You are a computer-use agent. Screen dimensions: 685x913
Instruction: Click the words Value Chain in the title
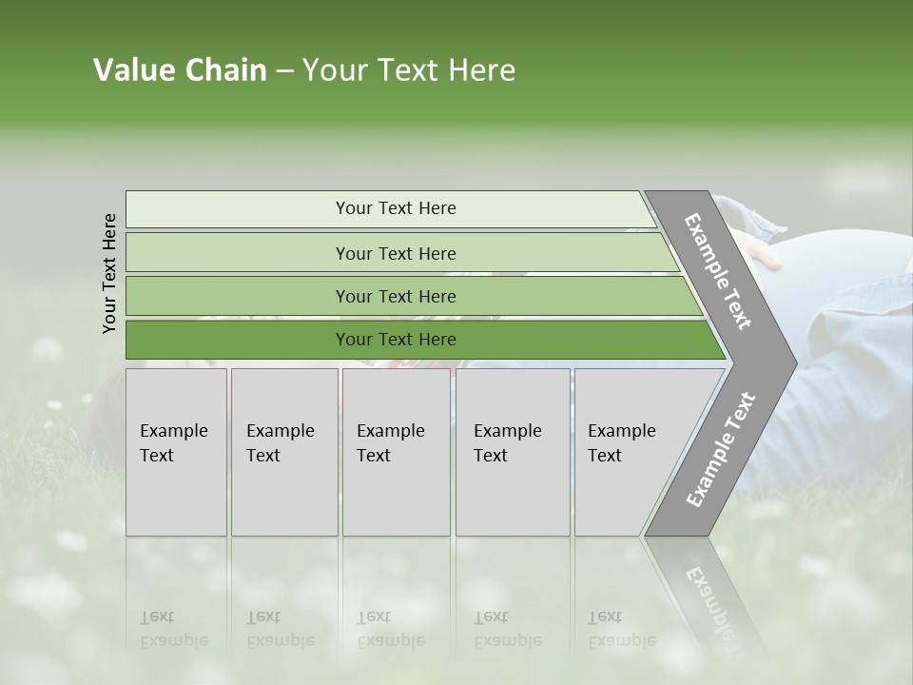pyautogui.click(x=180, y=70)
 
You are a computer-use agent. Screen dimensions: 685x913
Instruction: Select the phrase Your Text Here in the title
pyautogui.click(x=409, y=70)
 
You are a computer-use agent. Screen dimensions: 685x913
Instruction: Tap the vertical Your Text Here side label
pyautogui.click(x=109, y=273)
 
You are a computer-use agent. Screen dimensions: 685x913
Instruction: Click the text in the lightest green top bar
pyautogui.click(x=396, y=208)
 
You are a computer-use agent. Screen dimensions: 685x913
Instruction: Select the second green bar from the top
pyautogui.click(x=396, y=253)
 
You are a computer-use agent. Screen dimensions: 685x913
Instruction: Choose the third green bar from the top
pyautogui.click(x=396, y=297)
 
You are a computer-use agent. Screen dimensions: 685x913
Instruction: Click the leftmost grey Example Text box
pyautogui.click(x=176, y=452)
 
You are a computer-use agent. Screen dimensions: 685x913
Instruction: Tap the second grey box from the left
pyautogui.click(x=283, y=452)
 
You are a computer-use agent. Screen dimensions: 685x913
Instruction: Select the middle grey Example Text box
pyautogui.click(x=395, y=452)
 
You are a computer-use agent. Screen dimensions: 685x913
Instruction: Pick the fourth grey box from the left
pyautogui.click(x=512, y=452)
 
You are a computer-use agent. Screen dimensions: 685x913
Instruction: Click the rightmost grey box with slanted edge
pyautogui.click(x=628, y=452)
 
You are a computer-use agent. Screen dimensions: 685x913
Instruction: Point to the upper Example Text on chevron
pyautogui.click(x=718, y=271)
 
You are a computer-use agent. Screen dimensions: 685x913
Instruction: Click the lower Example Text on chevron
pyautogui.click(x=720, y=449)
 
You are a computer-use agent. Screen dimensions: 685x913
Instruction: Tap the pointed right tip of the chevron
pyautogui.click(x=791, y=362)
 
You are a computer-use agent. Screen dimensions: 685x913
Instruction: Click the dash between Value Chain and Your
pyautogui.click(x=283, y=71)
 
